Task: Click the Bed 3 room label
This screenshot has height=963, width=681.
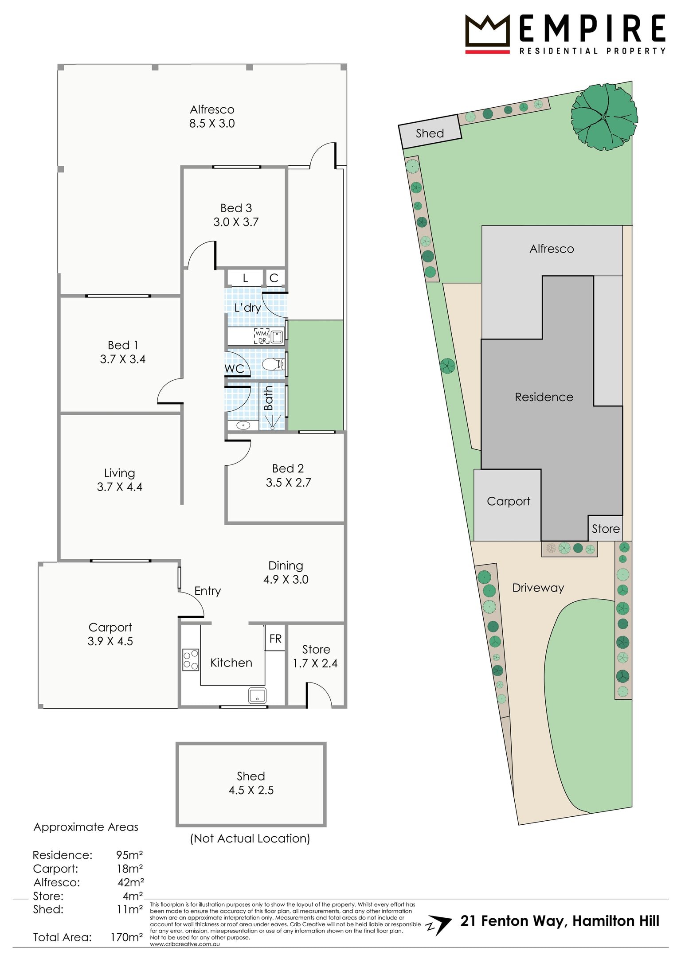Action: coord(236,208)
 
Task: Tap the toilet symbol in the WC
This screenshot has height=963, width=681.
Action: coord(272,364)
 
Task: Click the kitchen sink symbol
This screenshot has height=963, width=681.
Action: coord(257,695)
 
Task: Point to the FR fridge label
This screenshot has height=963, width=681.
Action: coord(275,639)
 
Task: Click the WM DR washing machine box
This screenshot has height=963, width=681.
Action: coord(262,336)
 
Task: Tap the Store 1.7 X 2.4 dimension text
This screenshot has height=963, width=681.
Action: coord(315,663)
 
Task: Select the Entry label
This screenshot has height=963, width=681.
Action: coord(207,591)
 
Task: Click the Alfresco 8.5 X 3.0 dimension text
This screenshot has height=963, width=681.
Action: coord(212,123)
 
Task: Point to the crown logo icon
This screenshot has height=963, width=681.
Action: coord(487,34)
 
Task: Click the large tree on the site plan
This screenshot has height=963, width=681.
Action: coord(604,117)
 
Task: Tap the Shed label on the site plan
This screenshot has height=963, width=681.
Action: coord(430,133)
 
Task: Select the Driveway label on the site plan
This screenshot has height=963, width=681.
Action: coord(538,588)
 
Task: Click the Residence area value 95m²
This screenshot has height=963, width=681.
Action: coord(129,855)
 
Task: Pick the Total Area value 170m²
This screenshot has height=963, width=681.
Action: coord(127,937)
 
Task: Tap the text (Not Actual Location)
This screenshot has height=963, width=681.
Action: coord(250,838)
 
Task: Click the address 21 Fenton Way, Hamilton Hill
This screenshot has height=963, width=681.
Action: coord(560,921)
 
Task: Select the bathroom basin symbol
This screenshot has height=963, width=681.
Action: coord(243,425)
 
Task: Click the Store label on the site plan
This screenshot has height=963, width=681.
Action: coord(606,529)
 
